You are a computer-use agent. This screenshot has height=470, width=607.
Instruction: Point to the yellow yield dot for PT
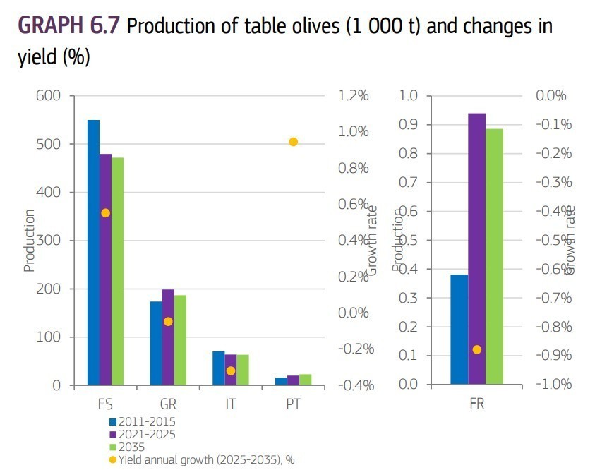pos(293,142)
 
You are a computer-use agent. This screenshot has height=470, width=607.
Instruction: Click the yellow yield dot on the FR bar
pos(477,349)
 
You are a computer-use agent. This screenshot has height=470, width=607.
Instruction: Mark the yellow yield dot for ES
pos(105,213)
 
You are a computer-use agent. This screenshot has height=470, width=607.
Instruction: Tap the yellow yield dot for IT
pos(230,370)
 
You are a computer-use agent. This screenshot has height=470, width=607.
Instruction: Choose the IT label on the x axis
pos(230,405)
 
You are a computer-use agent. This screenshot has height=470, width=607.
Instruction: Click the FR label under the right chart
pos(477,405)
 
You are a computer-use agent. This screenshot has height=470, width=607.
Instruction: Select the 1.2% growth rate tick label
pos(352,96)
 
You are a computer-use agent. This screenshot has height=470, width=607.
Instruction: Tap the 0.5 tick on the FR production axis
pos(409,241)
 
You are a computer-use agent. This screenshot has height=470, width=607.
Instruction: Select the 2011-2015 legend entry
pos(148,421)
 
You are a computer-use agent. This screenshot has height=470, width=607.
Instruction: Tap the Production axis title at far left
pos(29,241)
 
